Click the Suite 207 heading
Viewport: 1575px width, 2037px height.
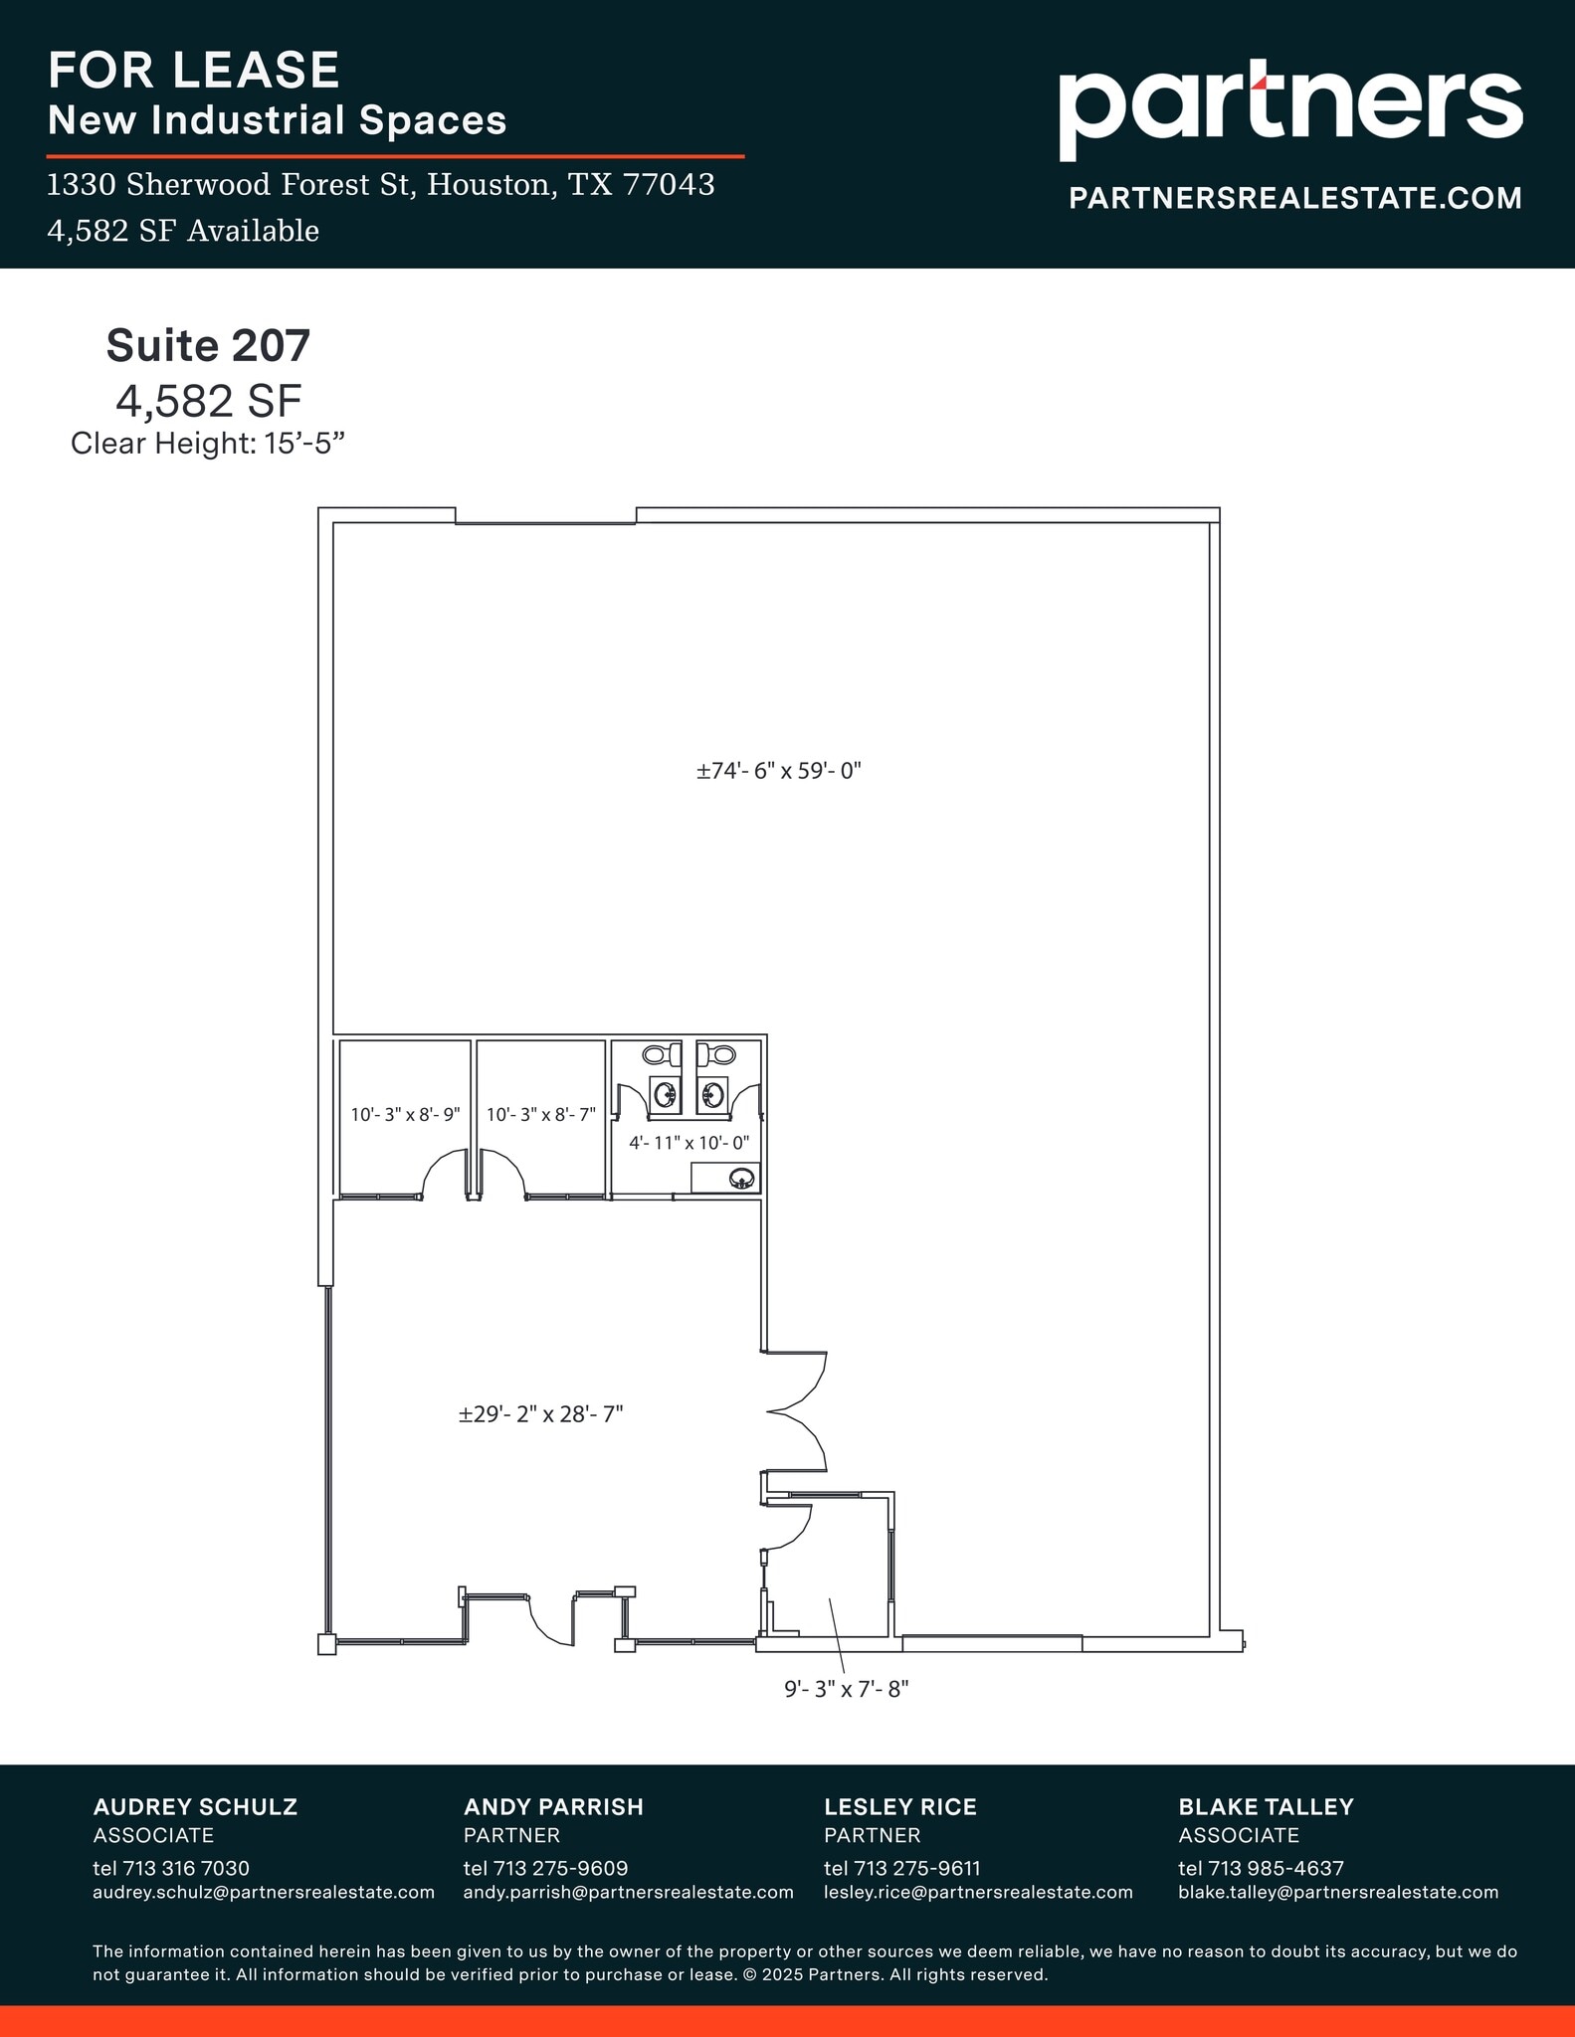point(208,346)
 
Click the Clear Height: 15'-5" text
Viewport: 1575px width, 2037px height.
point(208,444)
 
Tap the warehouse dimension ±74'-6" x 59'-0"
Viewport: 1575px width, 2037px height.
point(778,771)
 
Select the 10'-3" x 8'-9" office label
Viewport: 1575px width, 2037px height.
point(405,1114)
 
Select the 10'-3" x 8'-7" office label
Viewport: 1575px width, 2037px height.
point(540,1114)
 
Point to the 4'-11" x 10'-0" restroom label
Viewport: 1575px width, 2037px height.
point(689,1143)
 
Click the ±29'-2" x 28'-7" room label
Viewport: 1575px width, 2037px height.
point(540,1414)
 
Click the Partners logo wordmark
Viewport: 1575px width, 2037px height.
point(1289,107)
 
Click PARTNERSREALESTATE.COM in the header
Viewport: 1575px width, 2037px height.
point(1294,198)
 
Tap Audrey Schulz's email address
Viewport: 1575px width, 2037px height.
point(264,1892)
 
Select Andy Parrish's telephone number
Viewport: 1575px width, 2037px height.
point(545,1868)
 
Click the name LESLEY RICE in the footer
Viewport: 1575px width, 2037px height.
point(899,1806)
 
